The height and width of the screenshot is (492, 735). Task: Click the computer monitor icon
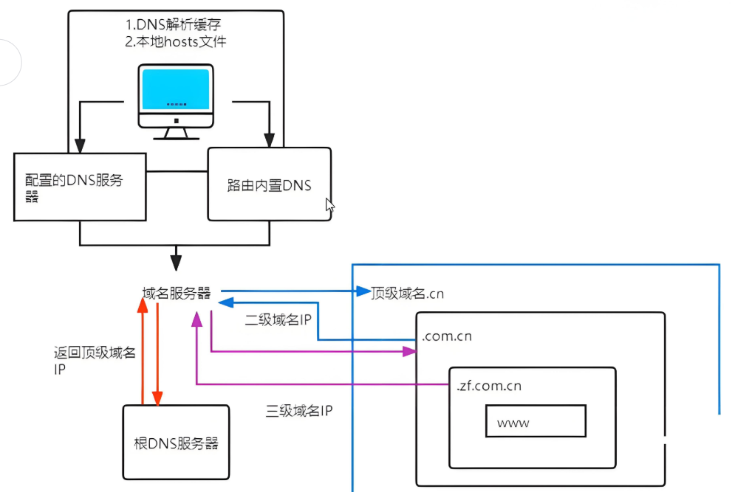[176, 100]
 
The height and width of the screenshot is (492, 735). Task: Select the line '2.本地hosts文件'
[175, 41]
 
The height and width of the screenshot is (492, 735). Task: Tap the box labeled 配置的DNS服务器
[80, 187]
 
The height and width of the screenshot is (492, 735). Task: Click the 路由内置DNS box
[269, 184]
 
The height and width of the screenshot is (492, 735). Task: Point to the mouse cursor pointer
[329, 205]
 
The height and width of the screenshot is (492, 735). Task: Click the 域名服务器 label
[177, 293]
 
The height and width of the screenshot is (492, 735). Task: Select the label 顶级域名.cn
[407, 293]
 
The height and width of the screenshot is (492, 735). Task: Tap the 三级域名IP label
[299, 410]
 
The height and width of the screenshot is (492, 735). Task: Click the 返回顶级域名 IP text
[95, 361]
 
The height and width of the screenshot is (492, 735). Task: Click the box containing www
[535, 422]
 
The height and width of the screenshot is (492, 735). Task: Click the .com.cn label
[446, 336]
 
